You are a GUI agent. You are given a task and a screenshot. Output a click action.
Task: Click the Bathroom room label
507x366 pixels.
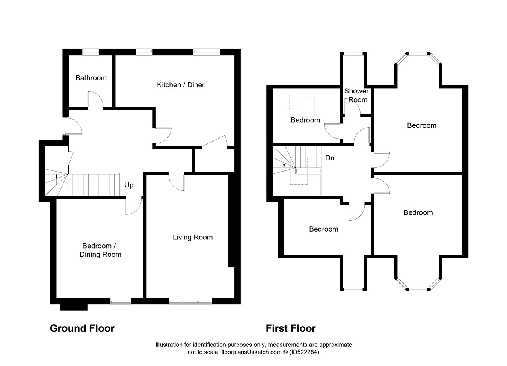coord(91,78)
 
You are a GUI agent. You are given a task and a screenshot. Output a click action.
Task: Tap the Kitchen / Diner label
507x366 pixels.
coord(181,85)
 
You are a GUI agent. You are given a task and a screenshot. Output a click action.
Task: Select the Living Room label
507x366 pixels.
coord(193,237)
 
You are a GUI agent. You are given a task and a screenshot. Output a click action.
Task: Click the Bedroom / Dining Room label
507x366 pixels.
coord(100,250)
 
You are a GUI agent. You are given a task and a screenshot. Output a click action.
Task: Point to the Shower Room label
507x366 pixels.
coord(356,95)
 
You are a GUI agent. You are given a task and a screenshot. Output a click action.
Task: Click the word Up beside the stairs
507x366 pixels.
coord(129,185)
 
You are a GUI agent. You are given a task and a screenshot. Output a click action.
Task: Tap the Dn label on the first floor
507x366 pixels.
coord(330,158)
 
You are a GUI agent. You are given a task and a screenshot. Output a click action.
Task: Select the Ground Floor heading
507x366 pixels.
coord(82,328)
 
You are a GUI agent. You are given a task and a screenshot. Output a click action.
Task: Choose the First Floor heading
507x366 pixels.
coord(291,328)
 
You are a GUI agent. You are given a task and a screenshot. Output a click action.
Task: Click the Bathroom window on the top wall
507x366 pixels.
coord(91,52)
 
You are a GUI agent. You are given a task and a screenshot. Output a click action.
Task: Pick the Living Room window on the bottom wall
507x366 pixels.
coord(190,301)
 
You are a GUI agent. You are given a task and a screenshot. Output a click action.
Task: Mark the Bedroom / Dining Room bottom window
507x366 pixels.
coord(121,301)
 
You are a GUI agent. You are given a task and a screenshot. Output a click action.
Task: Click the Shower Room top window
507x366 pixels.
coord(353,54)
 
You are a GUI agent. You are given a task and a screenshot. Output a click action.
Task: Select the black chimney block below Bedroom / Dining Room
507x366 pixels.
coord(74,307)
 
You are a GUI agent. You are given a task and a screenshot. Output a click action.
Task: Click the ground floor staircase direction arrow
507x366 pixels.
coord(57,179)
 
